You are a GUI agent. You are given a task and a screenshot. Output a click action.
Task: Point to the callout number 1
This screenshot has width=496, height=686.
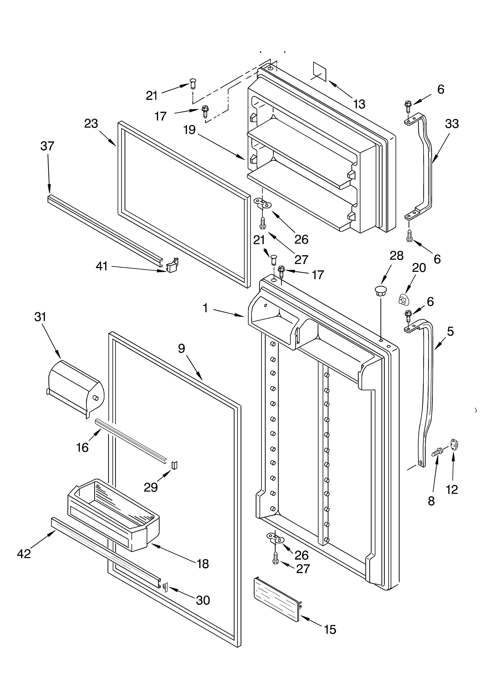(x=205, y=308)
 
